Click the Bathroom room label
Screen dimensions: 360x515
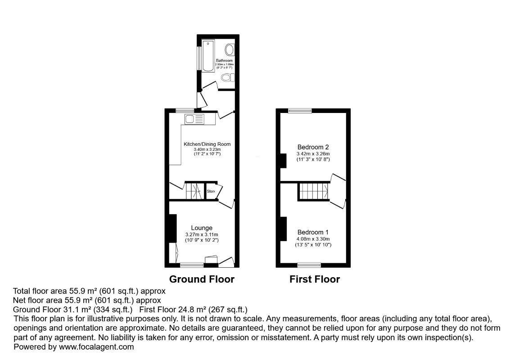[x=224, y=60]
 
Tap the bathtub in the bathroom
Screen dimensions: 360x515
[x=208, y=55]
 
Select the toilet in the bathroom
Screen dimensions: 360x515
[x=228, y=78]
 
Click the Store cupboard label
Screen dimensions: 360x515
[x=211, y=191]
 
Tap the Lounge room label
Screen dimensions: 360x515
[x=201, y=228]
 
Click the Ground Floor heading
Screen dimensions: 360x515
[x=202, y=279]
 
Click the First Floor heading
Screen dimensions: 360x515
[x=314, y=279]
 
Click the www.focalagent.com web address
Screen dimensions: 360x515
[x=95, y=347]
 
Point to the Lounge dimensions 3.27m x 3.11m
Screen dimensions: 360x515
[x=201, y=234]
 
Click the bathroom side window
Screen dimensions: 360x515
[x=199, y=58]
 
